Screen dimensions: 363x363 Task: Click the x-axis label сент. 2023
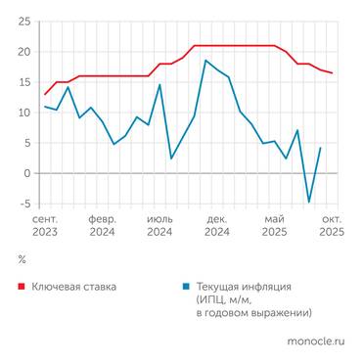pos(45,225)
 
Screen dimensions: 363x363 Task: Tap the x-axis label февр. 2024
pos(102,225)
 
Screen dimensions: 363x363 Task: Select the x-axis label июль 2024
pos(159,225)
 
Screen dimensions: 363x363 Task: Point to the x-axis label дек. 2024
pos(217,225)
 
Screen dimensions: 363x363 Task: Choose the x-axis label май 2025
pos(275,225)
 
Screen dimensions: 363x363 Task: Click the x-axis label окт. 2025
pos(331,225)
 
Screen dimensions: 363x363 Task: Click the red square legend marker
pos(23,287)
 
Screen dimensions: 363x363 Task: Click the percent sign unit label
pos(22,259)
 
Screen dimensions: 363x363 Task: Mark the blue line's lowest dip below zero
pos(309,203)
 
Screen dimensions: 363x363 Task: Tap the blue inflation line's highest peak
pos(205,61)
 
